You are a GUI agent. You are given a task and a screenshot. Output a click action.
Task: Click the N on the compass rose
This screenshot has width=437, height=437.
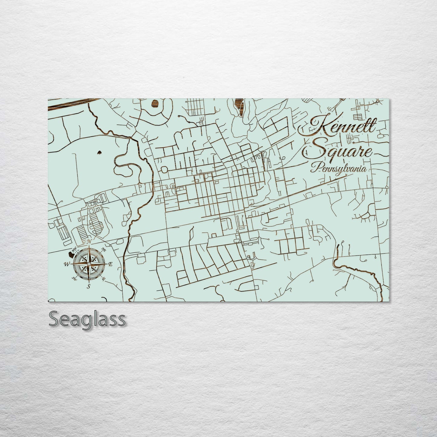(x=89, y=241)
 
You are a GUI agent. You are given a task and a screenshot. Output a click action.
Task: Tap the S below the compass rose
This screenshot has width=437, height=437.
(x=89, y=286)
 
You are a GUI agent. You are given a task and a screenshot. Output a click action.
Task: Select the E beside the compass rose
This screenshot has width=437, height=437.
(x=110, y=264)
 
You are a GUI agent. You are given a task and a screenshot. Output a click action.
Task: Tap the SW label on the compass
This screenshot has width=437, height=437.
(x=74, y=278)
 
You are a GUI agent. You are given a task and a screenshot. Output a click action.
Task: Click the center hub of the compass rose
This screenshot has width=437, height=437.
(x=89, y=264)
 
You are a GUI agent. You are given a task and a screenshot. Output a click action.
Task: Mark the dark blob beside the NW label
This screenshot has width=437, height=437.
(x=71, y=251)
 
